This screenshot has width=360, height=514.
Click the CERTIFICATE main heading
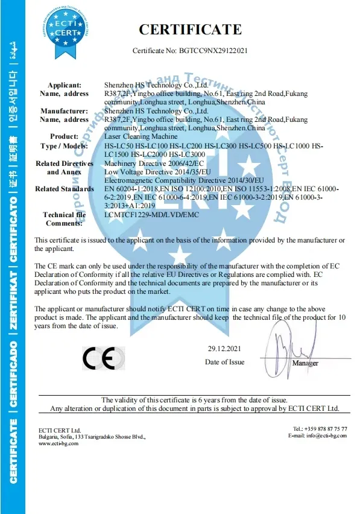pos(191,29)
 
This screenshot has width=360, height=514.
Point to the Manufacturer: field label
pos(65,111)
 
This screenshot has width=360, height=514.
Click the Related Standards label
pos(65,189)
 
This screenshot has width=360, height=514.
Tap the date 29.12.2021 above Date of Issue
pos(225,349)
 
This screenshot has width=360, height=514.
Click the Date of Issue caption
pos(225,362)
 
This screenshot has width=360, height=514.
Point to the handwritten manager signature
pos(296,340)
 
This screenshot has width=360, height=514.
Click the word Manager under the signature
pos(305,364)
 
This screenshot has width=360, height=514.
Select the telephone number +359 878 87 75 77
pos(327,428)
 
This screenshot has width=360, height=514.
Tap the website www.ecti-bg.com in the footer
pos(58,443)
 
